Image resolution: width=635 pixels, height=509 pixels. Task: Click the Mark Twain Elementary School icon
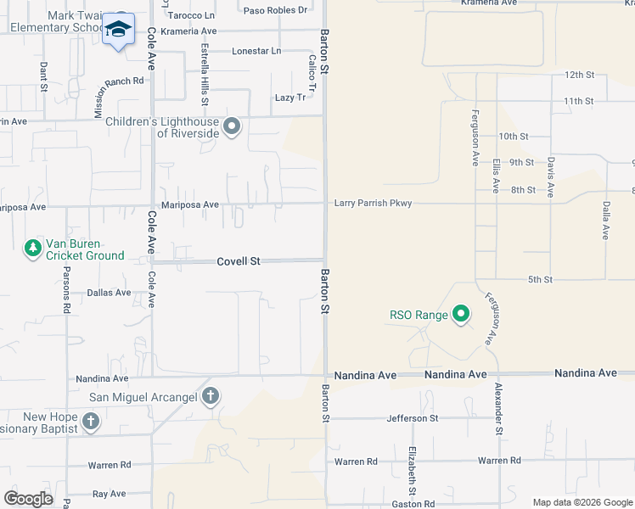[119, 31]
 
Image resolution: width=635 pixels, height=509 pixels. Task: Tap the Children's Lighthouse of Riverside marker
[233, 128]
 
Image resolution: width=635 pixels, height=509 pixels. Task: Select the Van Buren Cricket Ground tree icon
[33, 248]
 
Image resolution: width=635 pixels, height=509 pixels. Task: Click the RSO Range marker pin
[461, 315]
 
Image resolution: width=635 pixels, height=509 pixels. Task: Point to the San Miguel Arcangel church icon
[211, 396]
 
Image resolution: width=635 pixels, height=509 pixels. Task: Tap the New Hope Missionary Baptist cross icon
[91, 420]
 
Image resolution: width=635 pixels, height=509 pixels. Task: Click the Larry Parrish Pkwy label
[373, 203]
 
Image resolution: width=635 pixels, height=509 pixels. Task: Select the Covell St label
[238, 262]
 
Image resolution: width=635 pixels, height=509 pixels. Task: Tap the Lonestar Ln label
[256, 51]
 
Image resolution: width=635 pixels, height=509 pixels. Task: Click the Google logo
[28, 499]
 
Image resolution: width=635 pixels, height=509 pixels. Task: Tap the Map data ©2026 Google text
[582, 502]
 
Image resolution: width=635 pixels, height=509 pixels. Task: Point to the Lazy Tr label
[290, 98]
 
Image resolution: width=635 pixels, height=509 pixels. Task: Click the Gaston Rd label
[413, 504]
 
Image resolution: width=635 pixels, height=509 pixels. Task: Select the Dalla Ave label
[606, 219]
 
